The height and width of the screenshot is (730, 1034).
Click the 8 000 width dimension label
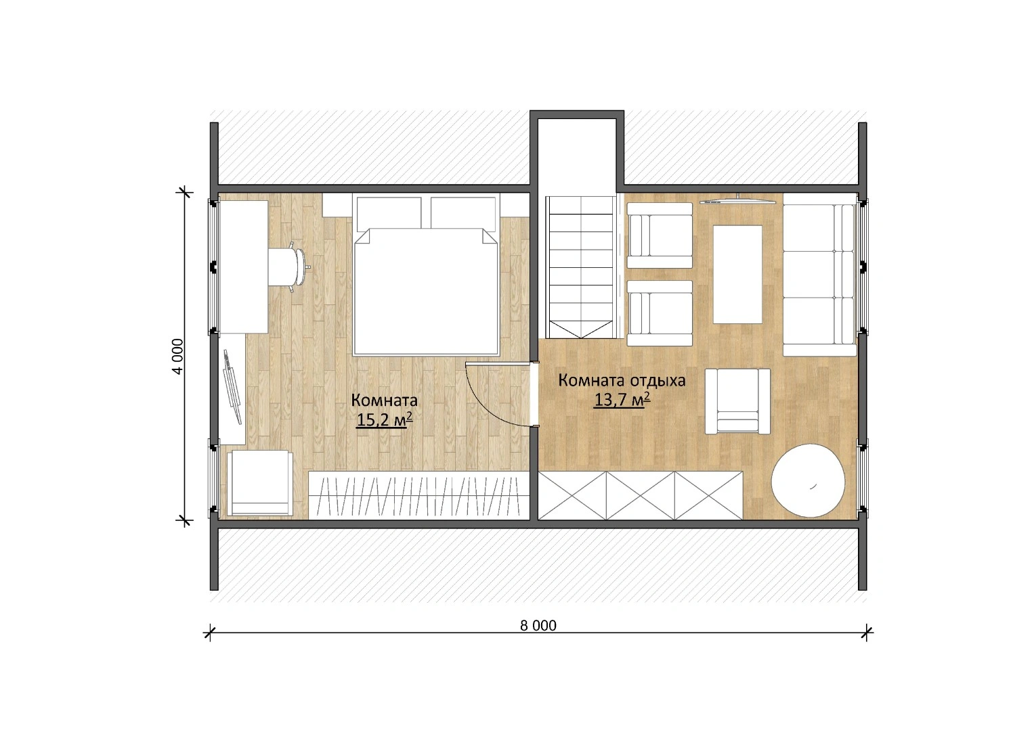(x=538, y=626)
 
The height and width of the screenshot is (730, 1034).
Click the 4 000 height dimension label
(x=178, y=357)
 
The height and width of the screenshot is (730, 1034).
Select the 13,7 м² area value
(x=622, y=400)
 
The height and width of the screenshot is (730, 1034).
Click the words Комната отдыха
(x=622, y=380)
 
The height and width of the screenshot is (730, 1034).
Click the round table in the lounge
(x=808, y=480)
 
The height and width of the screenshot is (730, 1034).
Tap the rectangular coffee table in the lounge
(x=737, y=275)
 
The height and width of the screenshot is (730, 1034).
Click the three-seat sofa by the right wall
(x=819, y=275)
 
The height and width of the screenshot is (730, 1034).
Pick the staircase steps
(x=581, y=267)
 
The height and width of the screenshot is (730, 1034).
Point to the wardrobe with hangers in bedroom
(x=418, y=495)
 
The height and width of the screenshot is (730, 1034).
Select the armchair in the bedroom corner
(x=260, y=483)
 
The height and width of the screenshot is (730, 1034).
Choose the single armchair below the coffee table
(x=737, y=401)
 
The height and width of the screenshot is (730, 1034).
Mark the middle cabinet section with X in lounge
(x=641, y=495)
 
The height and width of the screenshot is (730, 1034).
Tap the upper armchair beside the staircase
(x=659, y=235)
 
